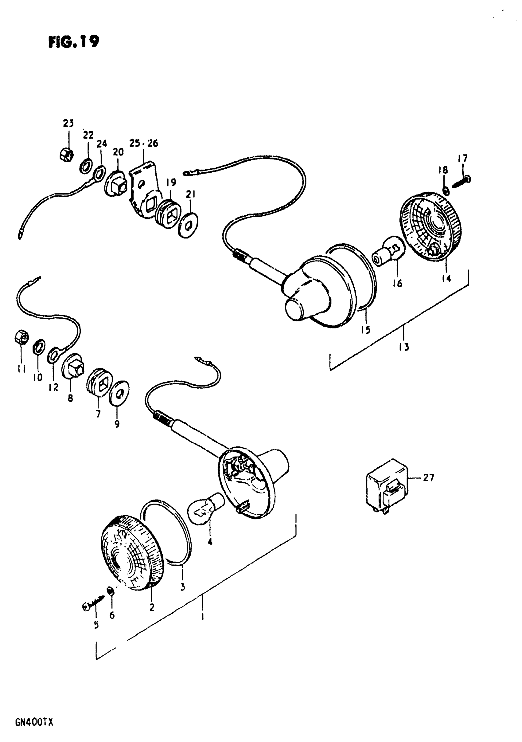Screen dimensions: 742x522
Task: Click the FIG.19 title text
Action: tap(74, 42)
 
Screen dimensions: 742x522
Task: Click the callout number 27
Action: tap(429, 477)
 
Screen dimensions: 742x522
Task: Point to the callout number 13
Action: tap(404, 347)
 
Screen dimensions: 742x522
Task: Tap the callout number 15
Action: tap(366, 330)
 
